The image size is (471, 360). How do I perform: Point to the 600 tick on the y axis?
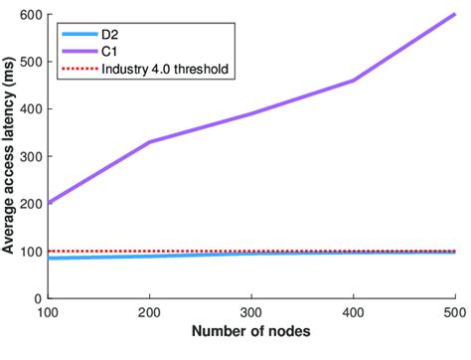tap(33, 15)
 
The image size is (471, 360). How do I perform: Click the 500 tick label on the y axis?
tap(33, 62)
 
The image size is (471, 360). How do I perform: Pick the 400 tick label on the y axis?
tap(33, 109)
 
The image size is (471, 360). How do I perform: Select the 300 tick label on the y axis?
tap(33, 156)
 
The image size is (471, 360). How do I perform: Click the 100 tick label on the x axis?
tap(48, 313)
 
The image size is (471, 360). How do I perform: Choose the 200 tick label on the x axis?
tap(149, 313)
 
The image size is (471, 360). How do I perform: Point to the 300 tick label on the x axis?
tap(251, 313)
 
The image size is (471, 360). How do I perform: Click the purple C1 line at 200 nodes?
tap(149, 142)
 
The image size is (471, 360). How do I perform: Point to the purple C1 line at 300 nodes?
tap(251, 114)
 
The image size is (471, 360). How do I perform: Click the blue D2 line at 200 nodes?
tap(149, 256)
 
